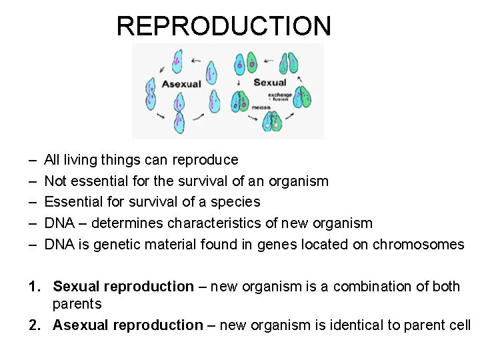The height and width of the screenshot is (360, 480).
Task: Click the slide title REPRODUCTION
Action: pyautogui.click(x=223, y=26)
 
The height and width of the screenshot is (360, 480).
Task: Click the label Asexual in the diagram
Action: pyautogui.click(x=181, y=84)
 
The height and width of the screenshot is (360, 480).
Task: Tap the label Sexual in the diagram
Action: pyautogui.click(x=269, y=83)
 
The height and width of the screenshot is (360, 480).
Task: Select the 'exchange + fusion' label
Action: pyautogui.click(x=281, y=97)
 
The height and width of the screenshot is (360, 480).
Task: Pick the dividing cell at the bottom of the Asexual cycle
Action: pyautogui.click(x=179, y=121)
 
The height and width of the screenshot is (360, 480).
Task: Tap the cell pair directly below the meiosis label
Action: pyautogui.click(x=271, y=121)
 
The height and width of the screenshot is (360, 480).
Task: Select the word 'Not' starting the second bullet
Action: pyautogui.click(x=55, y=181)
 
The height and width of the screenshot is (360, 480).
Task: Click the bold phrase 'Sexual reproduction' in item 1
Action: pyautogui.click(x=123, y=287)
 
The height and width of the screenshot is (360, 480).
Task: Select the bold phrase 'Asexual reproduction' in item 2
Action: pyautogui.click(x=127, y=325)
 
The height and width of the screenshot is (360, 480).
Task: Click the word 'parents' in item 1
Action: pyautogui.click(x=77, y=305)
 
